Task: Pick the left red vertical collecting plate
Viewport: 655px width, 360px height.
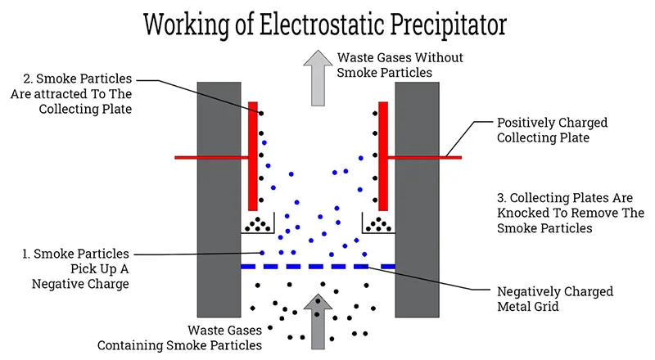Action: coord(253,155)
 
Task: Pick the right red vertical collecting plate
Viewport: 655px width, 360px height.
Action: coord(382,155)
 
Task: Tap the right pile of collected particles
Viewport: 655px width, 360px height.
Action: coord(378,223)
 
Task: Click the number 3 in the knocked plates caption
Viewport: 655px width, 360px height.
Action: coord(502,198)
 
